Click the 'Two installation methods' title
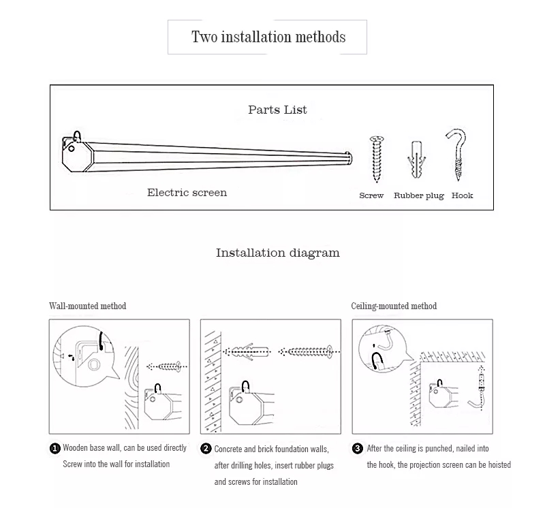[x=268, y=37]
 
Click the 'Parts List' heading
[x=277, y=110]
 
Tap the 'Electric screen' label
[x=187, y=193]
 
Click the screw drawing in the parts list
[x=377, y=159]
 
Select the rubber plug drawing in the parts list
[x=416, y=159]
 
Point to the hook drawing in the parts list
[x=457, y=155]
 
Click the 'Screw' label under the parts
[x=371, y=195]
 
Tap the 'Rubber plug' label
[x=419, y=196]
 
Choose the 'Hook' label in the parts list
[x=463, y=195]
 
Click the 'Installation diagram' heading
[x=278, y=253]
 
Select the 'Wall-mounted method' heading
[x=88, y=306]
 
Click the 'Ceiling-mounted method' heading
[x=394, y=306]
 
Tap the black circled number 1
[x=55, y=449]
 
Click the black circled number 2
[x=206, y=449]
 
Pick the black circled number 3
[x=357, y=449]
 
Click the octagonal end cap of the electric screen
[x=78, y=155]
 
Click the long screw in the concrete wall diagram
[x=310, y=351]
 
